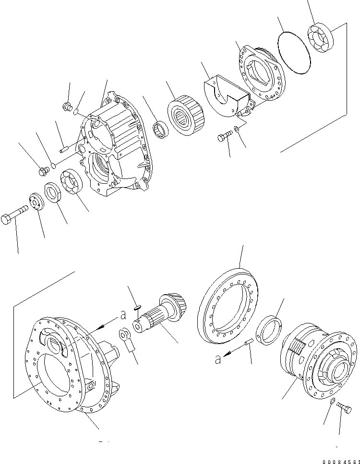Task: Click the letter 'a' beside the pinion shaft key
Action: coord(123,315)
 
